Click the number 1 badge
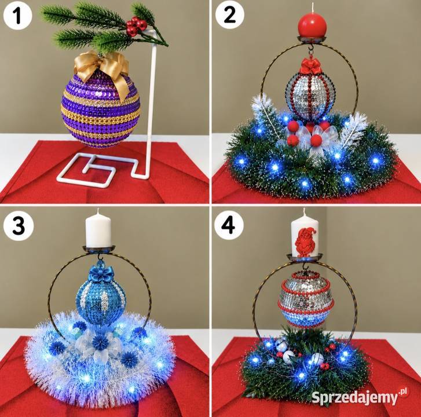pos(18,15)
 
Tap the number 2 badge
pos(229,14)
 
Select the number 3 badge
pos(19,226)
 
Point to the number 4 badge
pos(229,226)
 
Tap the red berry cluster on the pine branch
pos(137,26)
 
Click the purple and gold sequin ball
pos(101,110)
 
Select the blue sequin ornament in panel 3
pos(101,298)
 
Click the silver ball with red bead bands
pos(306,299)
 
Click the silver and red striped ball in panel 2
pos(311,97)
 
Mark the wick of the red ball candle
pos(313,8)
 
